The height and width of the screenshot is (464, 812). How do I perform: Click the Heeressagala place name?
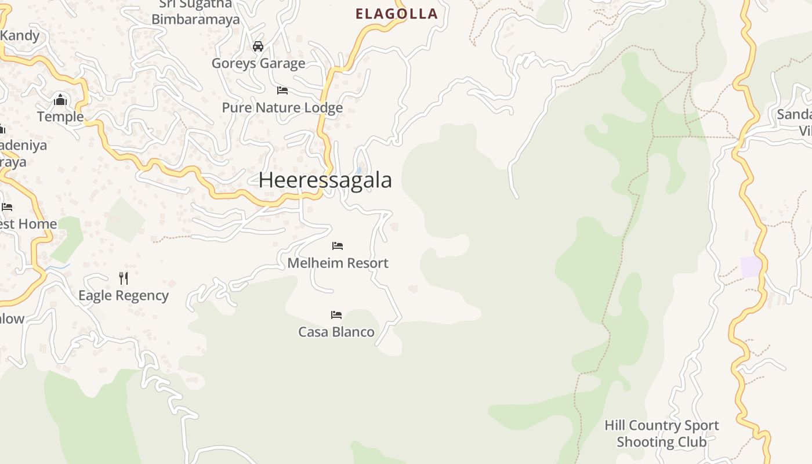click(x=325, y=180)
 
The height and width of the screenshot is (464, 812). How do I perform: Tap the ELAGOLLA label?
click(x=396, y=14)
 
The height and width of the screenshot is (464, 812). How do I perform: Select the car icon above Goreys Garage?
click(x=258, y=46)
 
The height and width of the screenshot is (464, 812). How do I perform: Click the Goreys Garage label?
click(x=258, y=63)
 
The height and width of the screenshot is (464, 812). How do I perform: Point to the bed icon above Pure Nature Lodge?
click(x=282, y=90)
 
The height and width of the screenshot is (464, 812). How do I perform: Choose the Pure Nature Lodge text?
click(x=282, y=108)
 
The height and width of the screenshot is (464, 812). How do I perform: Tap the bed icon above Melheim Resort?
click(x=338, y=246)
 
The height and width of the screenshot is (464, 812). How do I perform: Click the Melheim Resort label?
click(x=338, y=263)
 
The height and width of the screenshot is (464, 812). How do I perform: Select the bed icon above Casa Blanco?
click(x=336, y=315)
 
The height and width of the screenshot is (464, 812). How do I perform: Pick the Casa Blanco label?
click(x=336, y=332)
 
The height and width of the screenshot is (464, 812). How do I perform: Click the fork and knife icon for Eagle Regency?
click(x=124, y=278)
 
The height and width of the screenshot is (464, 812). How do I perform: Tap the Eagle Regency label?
click(x=124, y=296)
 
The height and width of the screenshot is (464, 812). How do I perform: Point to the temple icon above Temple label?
click(x=60, y=100)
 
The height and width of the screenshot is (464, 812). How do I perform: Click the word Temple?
click(x=60, y=117)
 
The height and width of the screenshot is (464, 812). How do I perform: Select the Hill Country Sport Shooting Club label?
click(x=661, y=434)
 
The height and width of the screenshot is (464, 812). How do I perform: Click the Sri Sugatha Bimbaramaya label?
click(x=195, y=12)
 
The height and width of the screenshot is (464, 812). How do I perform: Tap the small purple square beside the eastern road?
click(x=751, y=267)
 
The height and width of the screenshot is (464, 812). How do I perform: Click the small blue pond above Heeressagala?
click(x=359, y=171)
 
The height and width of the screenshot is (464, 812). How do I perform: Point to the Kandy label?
click(x=20, y=35)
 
